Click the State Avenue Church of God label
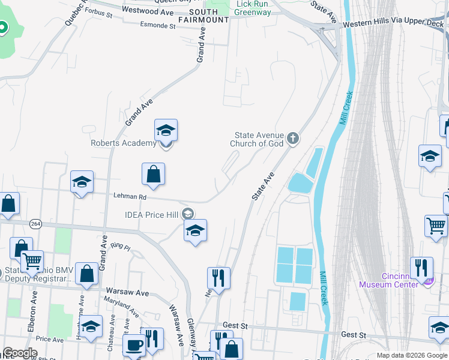coord(258,139)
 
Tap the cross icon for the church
coord(293,139)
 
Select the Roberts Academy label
coord(123,143)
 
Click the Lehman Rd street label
coord(130,196)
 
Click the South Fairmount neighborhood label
coord(208,16)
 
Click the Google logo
coord(19,353)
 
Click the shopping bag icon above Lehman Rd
coord(153,174)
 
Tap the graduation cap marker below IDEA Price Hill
coord(195,231)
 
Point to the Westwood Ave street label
coord(147,12)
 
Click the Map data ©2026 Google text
coord(411,355)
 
